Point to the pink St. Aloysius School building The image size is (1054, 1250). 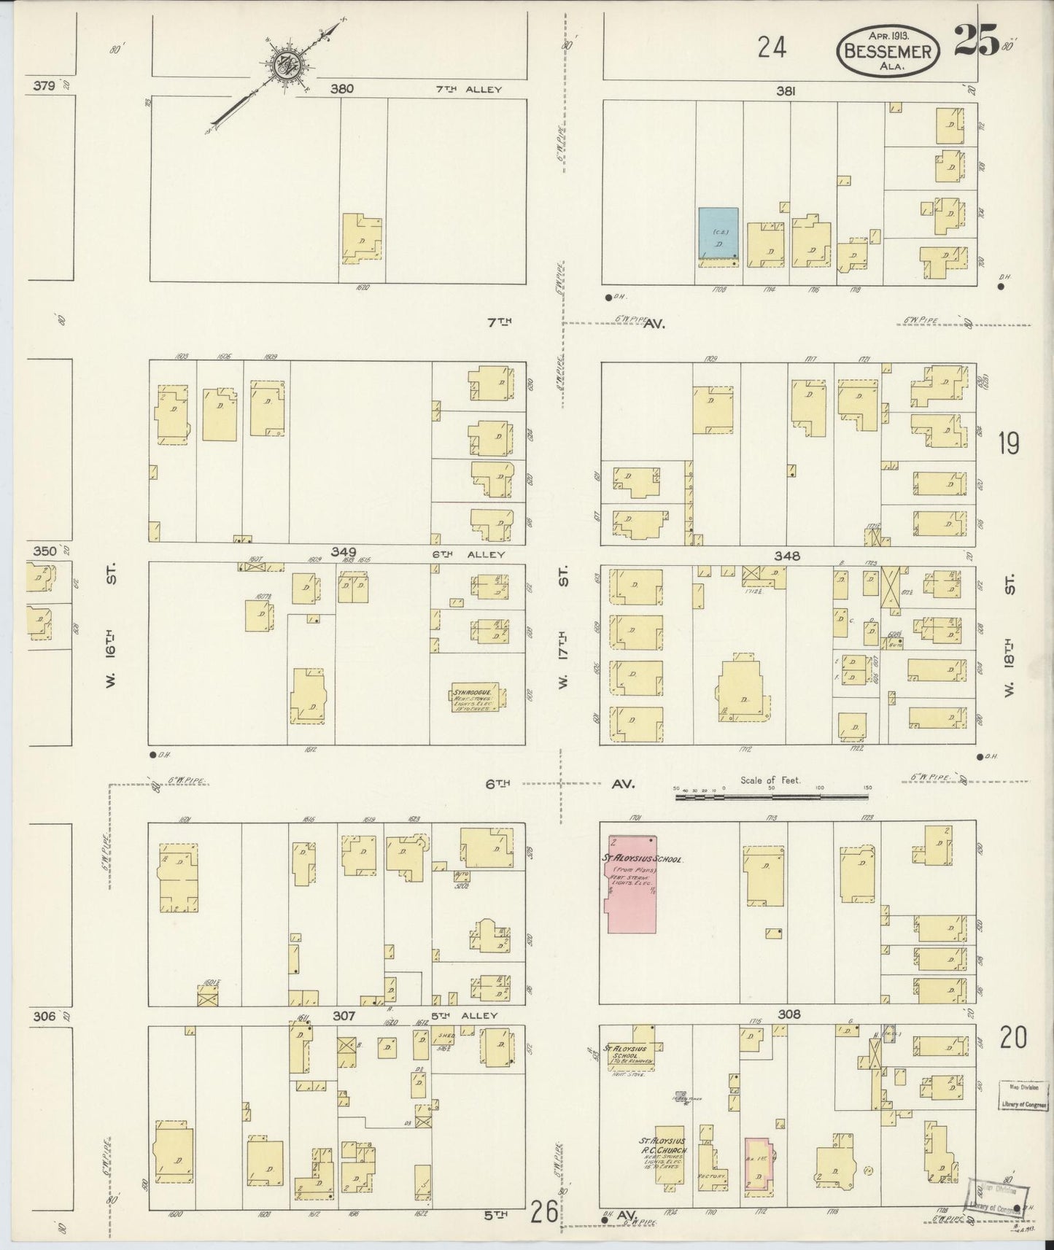[632, 884]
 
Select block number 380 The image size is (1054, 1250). [341, 89]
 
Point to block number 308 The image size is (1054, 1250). [789, 1014]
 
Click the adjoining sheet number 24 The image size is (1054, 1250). [770, 48]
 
